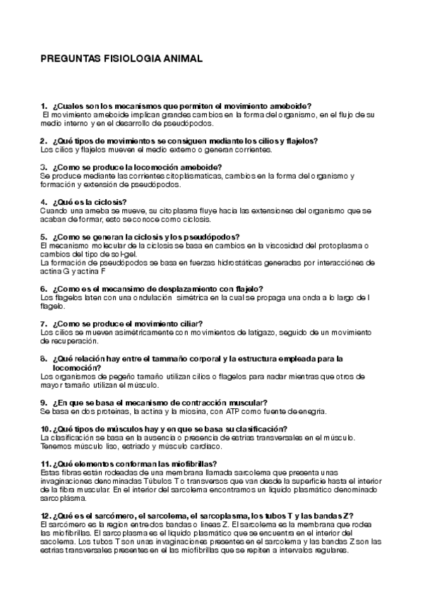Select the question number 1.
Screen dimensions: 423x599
click(x=43, y=105)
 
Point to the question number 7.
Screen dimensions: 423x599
click(x=43, y=323)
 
